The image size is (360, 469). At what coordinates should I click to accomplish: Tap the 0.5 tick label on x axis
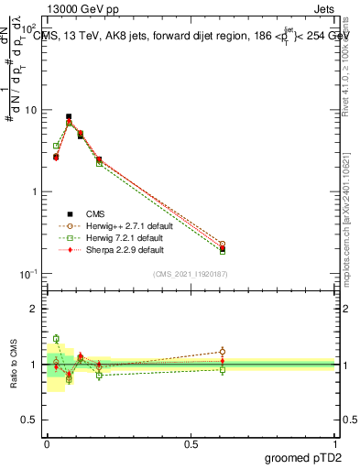point(191,443)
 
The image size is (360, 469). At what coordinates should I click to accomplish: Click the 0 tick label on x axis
point(47,443)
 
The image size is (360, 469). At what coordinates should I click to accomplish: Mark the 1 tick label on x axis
point(335,443)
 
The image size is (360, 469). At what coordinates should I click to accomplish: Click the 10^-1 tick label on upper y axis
point(29,274)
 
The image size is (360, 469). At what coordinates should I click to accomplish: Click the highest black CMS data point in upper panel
point(69,117)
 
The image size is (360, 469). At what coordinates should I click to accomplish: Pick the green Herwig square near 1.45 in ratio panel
point(56,339)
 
